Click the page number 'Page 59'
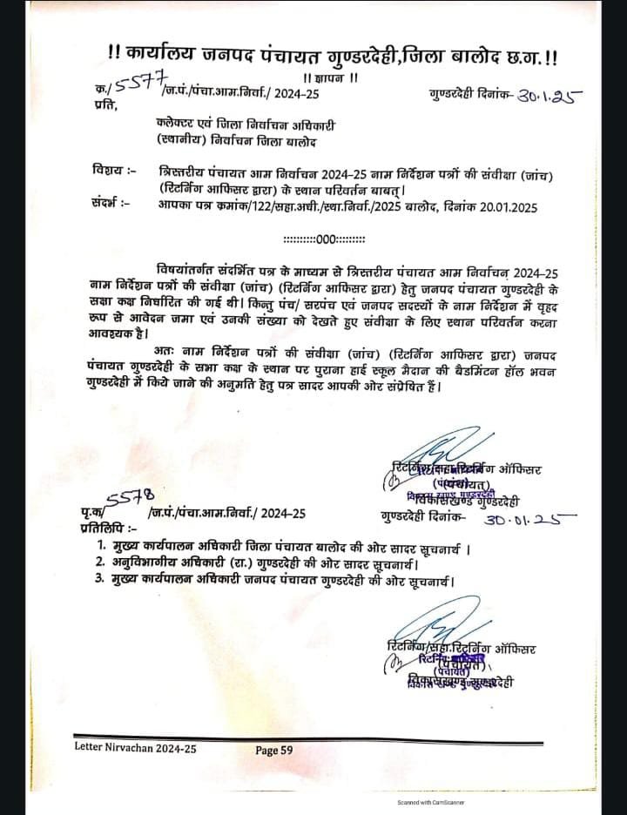tap(280, 750)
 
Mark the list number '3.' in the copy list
tap(103, 581)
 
